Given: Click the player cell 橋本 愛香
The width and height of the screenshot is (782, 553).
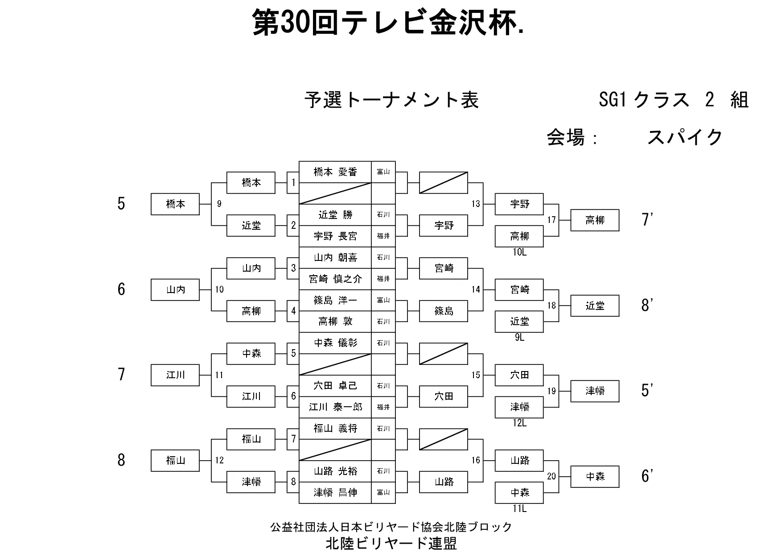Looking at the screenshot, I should coord(335,172).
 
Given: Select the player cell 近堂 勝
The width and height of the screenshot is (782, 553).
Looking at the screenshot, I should coord(335,215).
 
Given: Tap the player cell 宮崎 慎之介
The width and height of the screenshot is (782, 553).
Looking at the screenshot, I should coord(335,279).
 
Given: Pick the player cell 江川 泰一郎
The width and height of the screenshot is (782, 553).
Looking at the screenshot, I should coord(335,407).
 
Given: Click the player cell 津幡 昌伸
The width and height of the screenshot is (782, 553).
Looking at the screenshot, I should coord(335,493).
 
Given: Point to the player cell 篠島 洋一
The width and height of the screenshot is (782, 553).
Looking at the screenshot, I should coord(335,300).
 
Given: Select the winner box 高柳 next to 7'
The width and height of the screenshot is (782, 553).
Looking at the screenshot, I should coord(595,220).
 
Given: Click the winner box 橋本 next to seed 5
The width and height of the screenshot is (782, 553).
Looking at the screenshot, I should coord(175,204).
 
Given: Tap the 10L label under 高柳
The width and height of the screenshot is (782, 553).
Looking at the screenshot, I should coord(519,252).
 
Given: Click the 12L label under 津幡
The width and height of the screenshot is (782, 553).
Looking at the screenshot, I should coord(519,423).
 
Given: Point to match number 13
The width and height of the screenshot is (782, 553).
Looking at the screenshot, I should coord(476,204).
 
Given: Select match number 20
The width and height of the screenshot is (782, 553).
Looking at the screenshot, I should coord(552,476).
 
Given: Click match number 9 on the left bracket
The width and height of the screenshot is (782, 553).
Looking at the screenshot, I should coord(219,204).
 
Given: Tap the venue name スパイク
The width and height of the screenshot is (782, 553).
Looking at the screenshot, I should coord(684,137).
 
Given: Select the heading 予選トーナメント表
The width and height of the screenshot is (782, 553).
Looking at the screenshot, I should coord(391,100).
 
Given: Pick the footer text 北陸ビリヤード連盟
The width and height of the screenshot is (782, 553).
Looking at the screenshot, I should coord(391,543).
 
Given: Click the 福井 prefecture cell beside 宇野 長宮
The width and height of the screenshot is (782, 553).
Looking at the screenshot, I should coord(383,236).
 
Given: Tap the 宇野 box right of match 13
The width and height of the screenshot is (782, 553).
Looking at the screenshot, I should coord(519,204).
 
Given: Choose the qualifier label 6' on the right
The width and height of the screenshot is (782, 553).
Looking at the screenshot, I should coord(647,476).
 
